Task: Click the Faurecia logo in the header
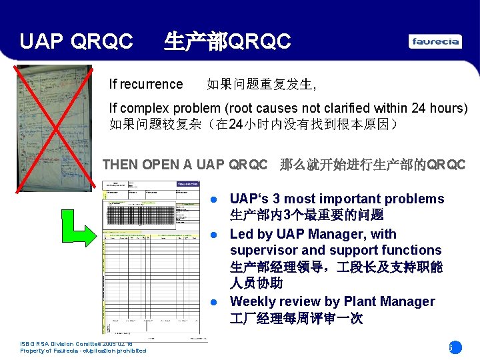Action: tap(435, 41)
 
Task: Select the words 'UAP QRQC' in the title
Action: tap(76, 42)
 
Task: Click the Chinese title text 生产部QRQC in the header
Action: tap(227, 42)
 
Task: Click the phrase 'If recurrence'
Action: tap(146, 84)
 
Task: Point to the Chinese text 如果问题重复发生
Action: tap(261, 85)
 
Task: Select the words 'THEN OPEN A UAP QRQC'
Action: tap(185, 165)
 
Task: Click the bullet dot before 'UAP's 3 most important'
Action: tap(214, 199)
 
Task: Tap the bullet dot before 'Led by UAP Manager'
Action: tap(214, 235)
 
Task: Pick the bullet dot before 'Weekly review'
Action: tap(214, 302)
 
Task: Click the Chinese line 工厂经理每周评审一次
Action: tap(296, 319)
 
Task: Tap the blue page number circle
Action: tap(454, 347)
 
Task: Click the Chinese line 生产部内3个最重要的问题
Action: tap(306, 215)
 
